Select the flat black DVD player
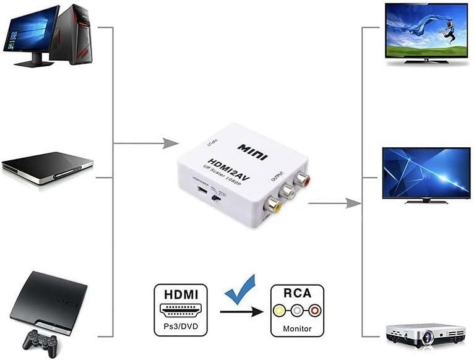47,168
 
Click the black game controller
40,340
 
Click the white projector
425,334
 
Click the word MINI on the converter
252,152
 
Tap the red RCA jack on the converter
301,180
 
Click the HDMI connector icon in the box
180,310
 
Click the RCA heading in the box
297,293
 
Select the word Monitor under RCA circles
297,328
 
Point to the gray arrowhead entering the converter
170,144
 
